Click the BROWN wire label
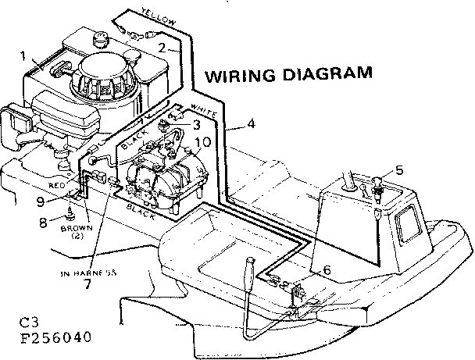[77, 227]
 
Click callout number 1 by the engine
[23, 55]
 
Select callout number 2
[161, 47]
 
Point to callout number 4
[250, 123]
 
